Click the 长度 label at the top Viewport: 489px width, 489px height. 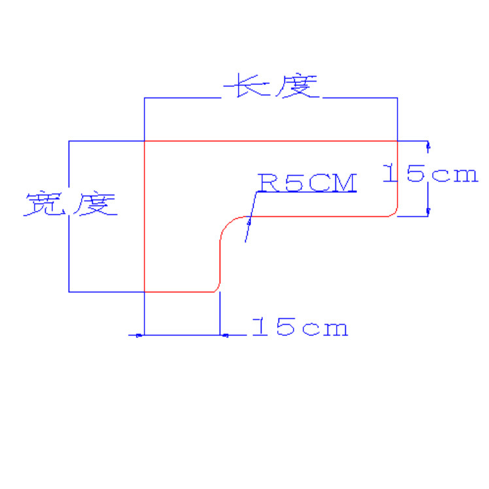pyautogui.click(x=271, y=86)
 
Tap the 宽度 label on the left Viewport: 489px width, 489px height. pyautogui.click(x=71, y=205)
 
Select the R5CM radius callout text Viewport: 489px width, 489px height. pyautogui.click(x=307, y=182)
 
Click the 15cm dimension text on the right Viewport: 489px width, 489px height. pyautogui.click(x=430, y=174)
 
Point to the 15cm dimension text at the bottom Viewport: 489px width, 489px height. pyautogui.click(x=299, y=327)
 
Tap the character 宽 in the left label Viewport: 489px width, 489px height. pyautogui.click(x=45, y=205)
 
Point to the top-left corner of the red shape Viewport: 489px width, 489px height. pyautogui.click(x=144, y=141)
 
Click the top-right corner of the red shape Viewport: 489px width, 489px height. pyautogui.click(x=397, y=141)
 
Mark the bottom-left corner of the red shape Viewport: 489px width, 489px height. pyautogui.click(x=144, y=292)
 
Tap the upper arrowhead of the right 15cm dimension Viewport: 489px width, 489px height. pyautogui.click(x=428, y=146)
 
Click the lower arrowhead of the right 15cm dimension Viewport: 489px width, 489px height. pyautogui.click(x=428, y=211)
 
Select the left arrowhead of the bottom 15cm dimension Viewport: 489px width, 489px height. pyautogui.click(x=139, y=335)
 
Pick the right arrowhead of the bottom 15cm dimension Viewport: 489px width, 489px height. pyautogui.click(x=225, y=335)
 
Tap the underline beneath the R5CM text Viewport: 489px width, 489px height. pyautogui.click(x=307, y=193)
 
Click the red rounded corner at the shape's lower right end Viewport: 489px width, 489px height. pyautogui.click(x=394, y=212)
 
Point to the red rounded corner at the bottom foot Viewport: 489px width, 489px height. pyautogui.click(x=216, y=288)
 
